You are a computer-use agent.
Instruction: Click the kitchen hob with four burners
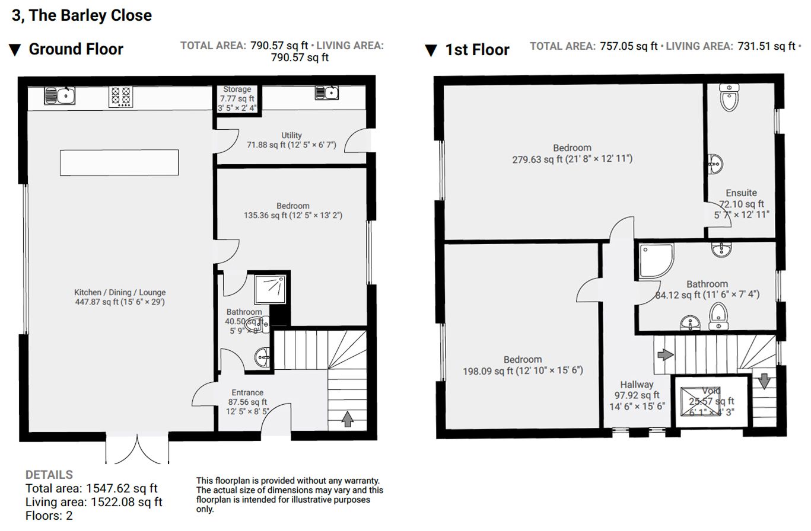[x=120, y=97]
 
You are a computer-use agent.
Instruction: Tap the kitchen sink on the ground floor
[x=60, y=95]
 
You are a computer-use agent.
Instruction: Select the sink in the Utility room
[x=327, y=93]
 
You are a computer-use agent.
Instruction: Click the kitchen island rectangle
[x=119, y=162]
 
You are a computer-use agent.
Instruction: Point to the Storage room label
[x=237, y=89]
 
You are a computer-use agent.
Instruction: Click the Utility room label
[x=291, y=135]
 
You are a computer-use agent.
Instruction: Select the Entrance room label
[x=247, y=392]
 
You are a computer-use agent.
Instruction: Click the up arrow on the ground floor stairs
[x=348, y=419]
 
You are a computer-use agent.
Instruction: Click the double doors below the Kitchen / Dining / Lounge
[x=137, y=450]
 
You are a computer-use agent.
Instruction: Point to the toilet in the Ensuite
[x=729, y=97]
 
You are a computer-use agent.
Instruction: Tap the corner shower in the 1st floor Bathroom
[x=656, y=260]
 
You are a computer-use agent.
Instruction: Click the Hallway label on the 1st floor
[x=637, y=385]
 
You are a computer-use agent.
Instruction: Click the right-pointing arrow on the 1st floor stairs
[x=665, y=354]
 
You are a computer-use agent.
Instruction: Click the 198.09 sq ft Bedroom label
[x=523, y=360]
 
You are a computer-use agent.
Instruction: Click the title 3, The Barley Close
[x=82, y=15]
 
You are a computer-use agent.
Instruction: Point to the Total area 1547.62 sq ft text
[x=91, y=489]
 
